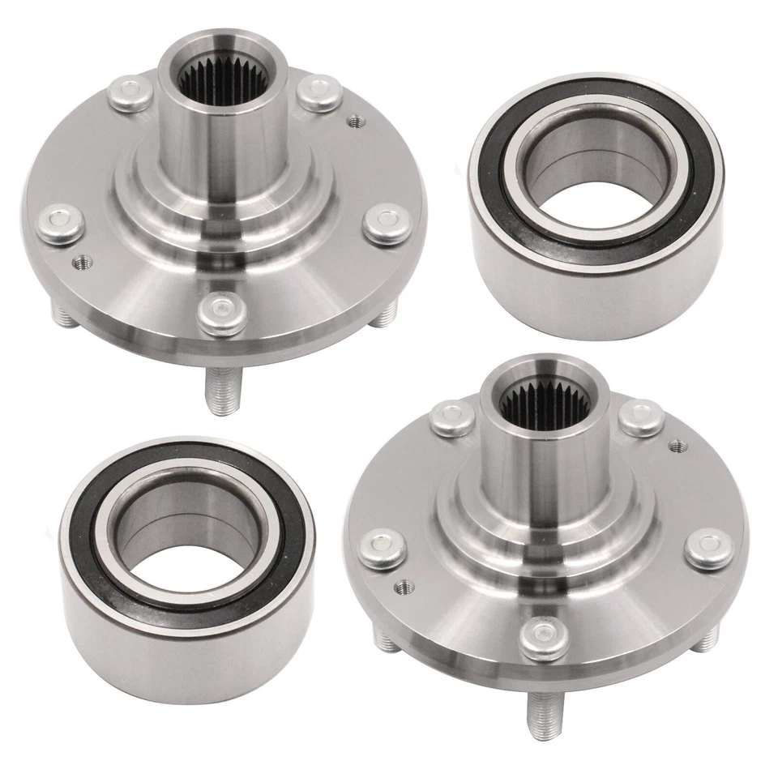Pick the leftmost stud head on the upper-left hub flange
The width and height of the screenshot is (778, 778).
(60, 224)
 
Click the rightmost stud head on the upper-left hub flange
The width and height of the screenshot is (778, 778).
(386, 224)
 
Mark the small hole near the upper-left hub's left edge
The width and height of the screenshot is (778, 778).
(82, 262)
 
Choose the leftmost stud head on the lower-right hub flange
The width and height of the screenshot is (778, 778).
(383, 548)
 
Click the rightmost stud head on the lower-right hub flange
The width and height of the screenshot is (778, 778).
(707, 548)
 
